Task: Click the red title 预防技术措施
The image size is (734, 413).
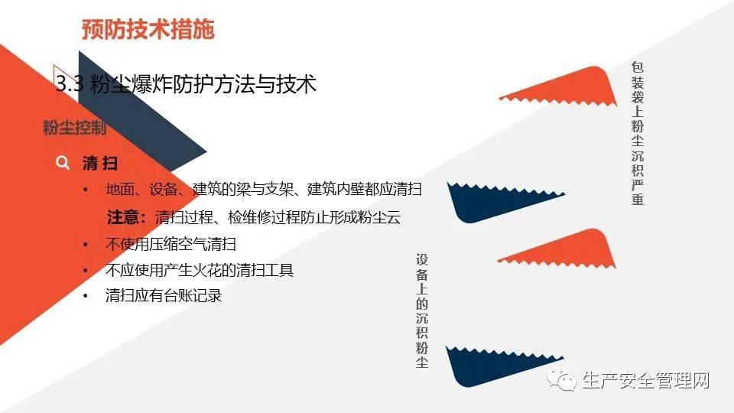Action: pyautogui.click(x=148, y=30)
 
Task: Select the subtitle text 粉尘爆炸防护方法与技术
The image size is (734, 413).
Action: pyautogui.click(x=203, y=84)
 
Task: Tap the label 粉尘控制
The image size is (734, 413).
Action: pyautogui.click(x=74, y=128)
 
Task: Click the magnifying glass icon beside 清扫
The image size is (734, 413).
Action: pyautogui.click(x=63, y=163)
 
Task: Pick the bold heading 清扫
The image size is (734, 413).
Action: pyautogui.click(x=99, y=163)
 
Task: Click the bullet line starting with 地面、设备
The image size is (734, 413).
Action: pyautogui.click(x=264, y=190)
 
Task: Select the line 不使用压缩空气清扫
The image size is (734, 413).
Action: pyautogui.click(x=171, y=245)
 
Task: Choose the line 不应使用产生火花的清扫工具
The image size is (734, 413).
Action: pyautogui.click(x=199, y=270)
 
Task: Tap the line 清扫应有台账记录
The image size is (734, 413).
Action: pyautogui.click(x=164, y=295)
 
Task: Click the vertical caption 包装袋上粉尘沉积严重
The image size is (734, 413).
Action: pyautogui.click(x=637, y=133)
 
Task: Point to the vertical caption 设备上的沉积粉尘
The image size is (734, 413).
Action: pyautogui.click(x=422, y=311)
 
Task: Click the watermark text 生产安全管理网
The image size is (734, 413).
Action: pyautogui.click(x=646, y=380)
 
